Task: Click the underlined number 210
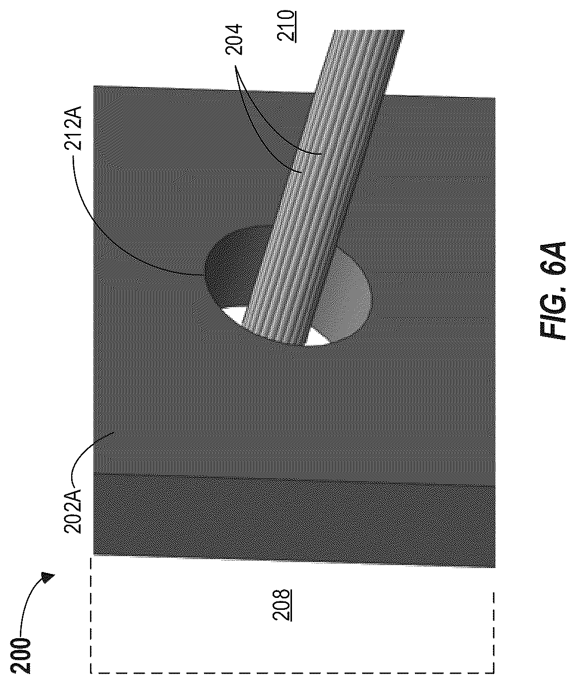point(286,25)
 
